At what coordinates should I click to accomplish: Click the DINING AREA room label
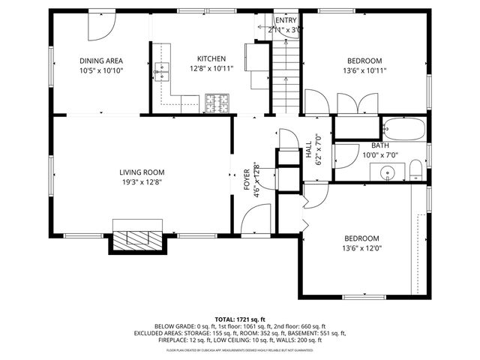coord(101,61)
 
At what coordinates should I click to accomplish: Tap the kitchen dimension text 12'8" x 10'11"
coord(211,69)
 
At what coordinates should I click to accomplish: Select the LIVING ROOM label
coord(142,172)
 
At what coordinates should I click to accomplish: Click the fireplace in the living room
coord(137,238)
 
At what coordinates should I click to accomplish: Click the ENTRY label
coord(286,20)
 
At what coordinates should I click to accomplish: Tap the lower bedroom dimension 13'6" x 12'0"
coord(364,248)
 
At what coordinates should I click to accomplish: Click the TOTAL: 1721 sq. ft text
coord(239,319)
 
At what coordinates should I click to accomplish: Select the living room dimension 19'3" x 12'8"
coord(142,181)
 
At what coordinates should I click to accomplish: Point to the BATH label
coord(379,145)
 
